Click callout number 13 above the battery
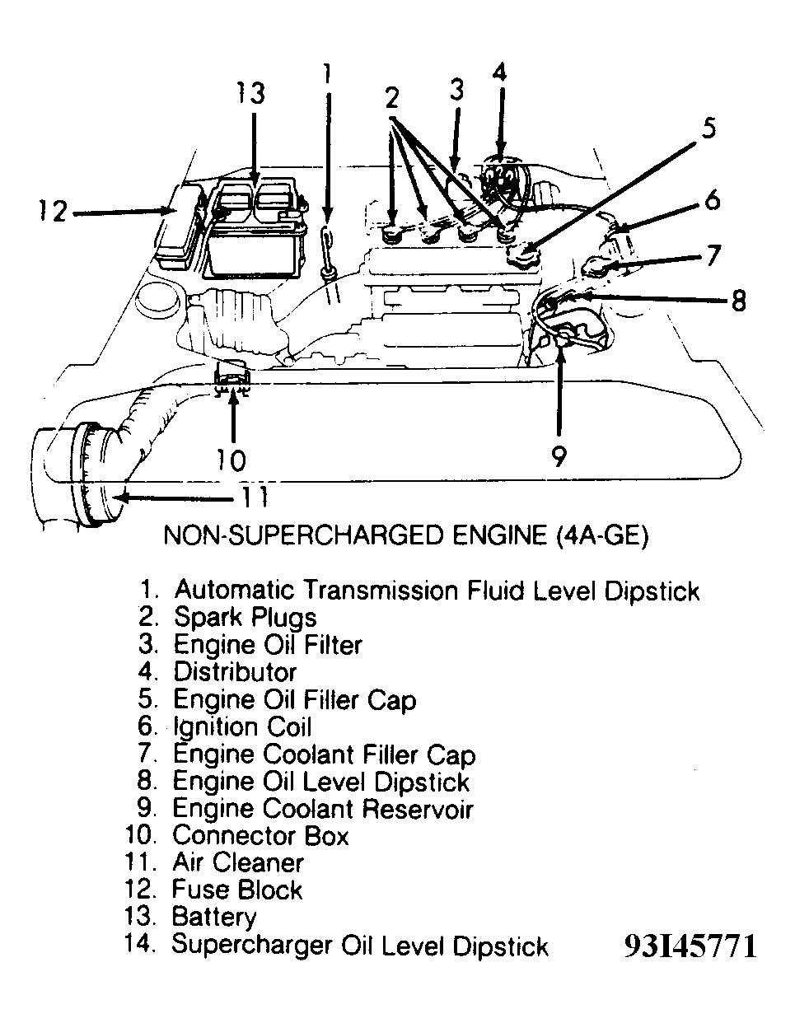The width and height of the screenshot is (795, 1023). coord(250,93)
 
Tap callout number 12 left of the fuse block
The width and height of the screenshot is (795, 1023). coord(51,212)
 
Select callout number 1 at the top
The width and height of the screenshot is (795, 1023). coord(327,75)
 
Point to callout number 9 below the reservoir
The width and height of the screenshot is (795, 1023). coord(559,455)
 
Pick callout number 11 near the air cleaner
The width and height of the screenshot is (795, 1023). coord(254,497)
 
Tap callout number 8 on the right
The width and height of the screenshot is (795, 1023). coord(737,300)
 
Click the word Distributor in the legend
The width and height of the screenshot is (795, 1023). coord(235,672)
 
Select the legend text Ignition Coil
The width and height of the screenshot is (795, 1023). coord(242,726)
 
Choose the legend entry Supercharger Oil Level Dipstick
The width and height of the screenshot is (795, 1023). coord(360,945)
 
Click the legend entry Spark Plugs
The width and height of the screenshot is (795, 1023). coord(245,617)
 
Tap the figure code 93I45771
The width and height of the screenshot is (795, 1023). coord(690,946)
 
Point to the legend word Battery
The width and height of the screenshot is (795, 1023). coord(214,917)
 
